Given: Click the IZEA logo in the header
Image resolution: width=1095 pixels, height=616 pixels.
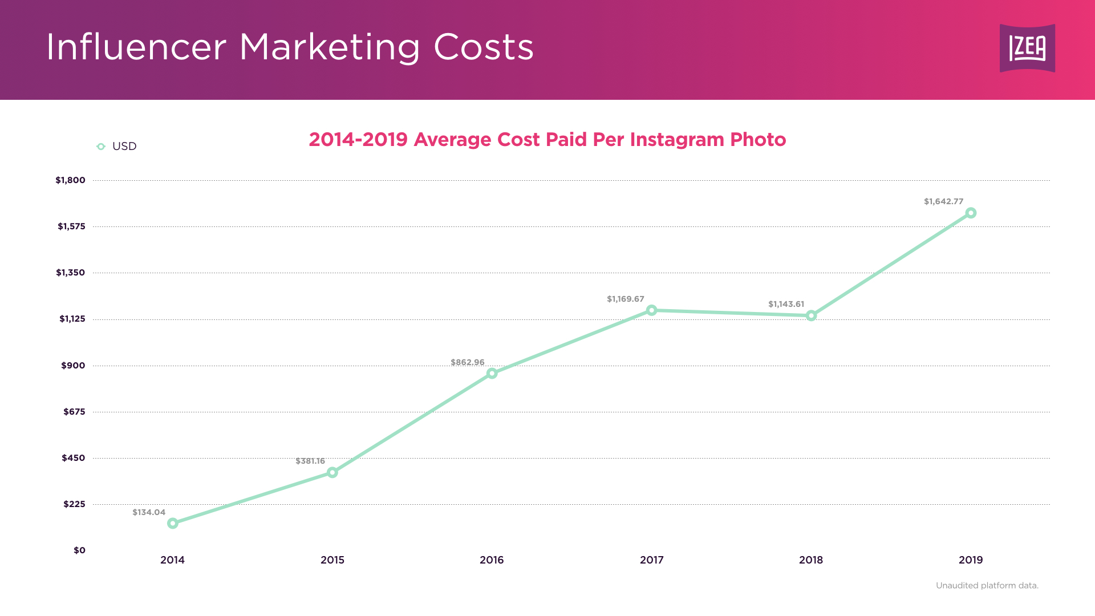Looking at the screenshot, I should tap(1027, 48).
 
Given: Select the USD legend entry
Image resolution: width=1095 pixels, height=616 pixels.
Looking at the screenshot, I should tap(117, 147).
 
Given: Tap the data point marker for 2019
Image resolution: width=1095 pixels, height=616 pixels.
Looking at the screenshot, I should tap(971, 213).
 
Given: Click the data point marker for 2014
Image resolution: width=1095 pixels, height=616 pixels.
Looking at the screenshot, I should tap(173, 523).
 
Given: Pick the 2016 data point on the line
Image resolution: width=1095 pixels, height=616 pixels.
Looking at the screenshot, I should tap(492, 374).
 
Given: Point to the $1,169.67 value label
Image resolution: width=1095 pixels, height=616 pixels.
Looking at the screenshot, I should tap(625, 299).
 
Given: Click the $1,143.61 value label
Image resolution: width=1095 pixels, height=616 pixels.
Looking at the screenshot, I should tap(786, 304).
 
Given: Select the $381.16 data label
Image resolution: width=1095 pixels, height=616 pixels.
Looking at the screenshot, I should tap(310, 461).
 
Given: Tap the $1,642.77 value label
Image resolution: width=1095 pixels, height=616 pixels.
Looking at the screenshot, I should tap(943, 201).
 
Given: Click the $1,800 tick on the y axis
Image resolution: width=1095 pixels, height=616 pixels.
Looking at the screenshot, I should tap(70, 180).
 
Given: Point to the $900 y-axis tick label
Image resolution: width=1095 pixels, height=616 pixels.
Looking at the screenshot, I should tap(73, 366).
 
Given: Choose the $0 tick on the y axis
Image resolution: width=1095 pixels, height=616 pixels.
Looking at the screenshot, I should tap(79, 550).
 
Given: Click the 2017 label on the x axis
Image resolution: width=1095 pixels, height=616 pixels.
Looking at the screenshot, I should tap(651, 560).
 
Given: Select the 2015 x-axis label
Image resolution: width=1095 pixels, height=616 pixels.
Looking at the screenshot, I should tap(332, 560).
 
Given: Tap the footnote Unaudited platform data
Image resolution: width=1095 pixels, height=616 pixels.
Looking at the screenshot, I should tap(987, 586).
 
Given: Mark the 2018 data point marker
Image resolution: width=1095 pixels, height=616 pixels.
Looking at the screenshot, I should tap(811, 315).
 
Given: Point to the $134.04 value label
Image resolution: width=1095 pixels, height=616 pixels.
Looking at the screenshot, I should tap(149, 512).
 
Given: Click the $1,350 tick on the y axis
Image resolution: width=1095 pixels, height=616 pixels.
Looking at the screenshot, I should tap(70, 273).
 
